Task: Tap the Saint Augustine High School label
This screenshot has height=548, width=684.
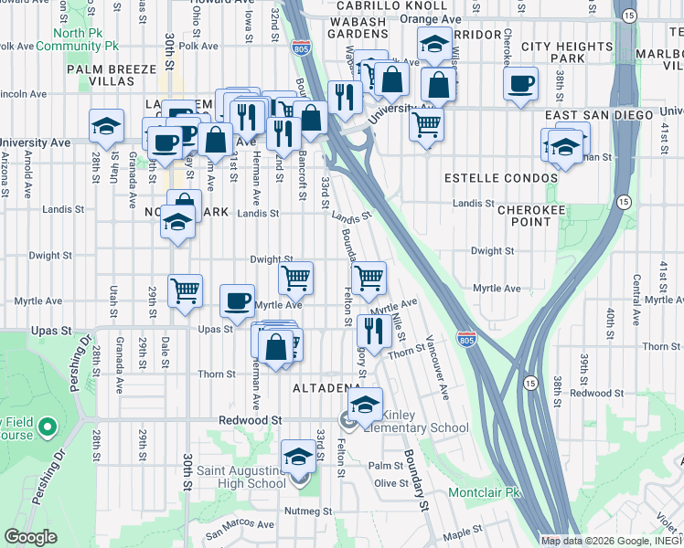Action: coord(241,477)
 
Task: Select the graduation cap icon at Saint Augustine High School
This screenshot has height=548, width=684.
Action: coord(299,457)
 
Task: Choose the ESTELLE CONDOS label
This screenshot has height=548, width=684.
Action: coord(500,177)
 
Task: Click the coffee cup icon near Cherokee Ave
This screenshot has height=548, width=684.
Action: coord(520,84)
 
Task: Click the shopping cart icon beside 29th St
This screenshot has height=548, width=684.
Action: coord(185,290)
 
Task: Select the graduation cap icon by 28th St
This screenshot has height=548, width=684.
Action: coord(106,125)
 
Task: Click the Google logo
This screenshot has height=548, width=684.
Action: coord(30,537)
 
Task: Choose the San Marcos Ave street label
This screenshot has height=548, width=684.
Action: coord(240,526)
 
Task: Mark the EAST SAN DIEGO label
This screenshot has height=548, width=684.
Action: coord(595,115)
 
